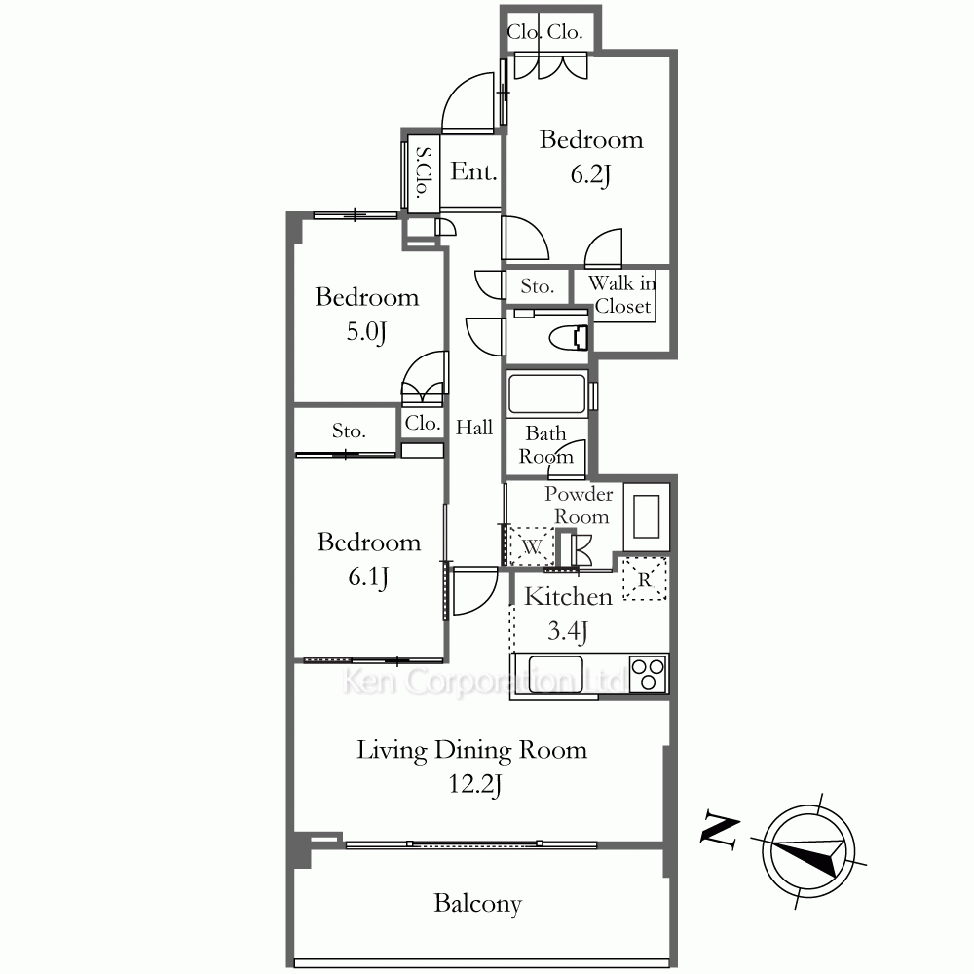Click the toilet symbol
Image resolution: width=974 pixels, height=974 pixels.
click(x=569, y=337)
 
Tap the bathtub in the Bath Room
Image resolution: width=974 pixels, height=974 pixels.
click(x=546, y=393)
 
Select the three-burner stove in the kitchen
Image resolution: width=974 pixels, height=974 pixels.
click(x=648, y=673)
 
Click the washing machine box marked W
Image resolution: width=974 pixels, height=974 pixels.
click(x=531, y=546)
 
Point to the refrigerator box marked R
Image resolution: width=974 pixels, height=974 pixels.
click(x=645, y=579)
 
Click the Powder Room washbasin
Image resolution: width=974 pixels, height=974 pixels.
click(x=646, y=517)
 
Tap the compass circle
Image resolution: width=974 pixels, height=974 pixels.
click(x=808, y=850)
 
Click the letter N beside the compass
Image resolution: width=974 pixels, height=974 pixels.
click(x=720, y=829)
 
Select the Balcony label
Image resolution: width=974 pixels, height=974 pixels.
click(x=477, y=904)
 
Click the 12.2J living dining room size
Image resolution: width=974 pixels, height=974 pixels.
click(x=474, y=784)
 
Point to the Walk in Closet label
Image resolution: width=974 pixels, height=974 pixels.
click(x=621, y=294)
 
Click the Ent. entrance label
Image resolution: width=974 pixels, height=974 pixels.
click(x=473, y=171)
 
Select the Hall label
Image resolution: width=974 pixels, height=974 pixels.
click(x=474, y=428)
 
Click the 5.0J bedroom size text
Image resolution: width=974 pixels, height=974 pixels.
click(x=366, y=332)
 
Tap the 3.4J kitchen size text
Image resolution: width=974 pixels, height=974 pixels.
click(x=567, y=632)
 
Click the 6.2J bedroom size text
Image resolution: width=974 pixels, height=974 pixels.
click(x=591, y=174)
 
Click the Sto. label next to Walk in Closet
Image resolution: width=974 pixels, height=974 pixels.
click(x=538, y=286)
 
